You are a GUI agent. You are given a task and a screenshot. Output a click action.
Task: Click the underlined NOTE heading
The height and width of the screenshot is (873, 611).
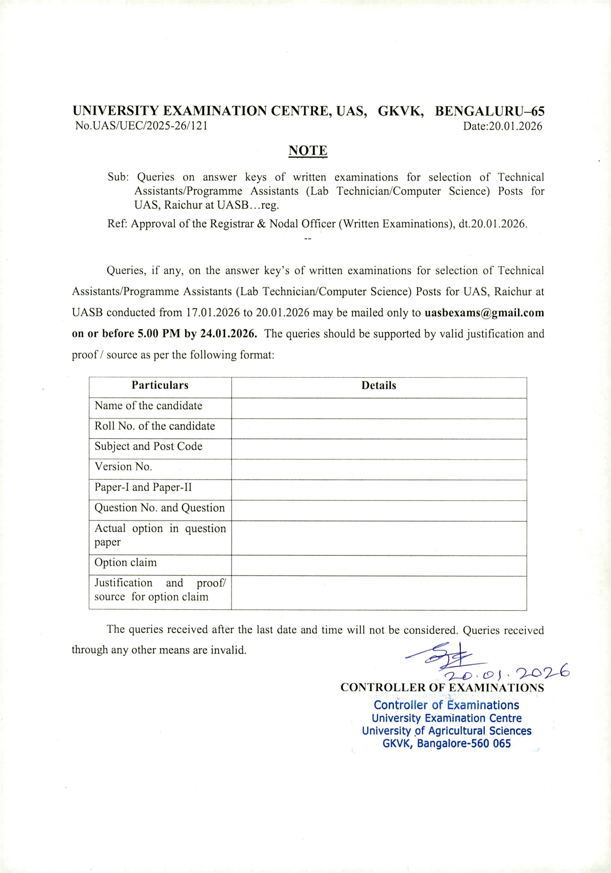click(x=307, y=151)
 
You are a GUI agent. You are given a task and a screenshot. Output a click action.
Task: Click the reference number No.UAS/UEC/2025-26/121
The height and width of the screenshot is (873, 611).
click(x=141, y=126)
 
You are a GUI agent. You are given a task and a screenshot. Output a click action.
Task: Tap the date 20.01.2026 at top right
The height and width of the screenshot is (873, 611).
click(x=502, y=126)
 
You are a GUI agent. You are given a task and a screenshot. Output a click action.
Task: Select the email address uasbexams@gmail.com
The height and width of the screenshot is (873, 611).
click(x=484, y=313)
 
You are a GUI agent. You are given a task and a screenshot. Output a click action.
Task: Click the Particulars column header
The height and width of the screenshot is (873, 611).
click(x=160, y=385)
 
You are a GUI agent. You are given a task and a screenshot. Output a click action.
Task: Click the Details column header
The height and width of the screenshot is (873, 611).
click(x=379, y=385)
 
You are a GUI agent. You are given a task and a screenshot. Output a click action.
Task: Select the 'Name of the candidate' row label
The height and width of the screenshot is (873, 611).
click(x=149, y=406)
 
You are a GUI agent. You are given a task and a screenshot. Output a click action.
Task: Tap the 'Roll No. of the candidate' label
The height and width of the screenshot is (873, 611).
click(x=155, y=426)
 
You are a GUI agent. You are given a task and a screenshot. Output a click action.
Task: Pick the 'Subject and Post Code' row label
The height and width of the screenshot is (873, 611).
click(x=149, y=446)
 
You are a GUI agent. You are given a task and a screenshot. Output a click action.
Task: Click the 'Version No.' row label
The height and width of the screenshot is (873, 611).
click(x=123, y=466)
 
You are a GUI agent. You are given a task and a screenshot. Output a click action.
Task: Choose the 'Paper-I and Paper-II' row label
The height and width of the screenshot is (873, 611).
click(x=143, y=487)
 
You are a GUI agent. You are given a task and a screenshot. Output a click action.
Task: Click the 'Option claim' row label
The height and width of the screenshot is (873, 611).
click(x=126, y=562)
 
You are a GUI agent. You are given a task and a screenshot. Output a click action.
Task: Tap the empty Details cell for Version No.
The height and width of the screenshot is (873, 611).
click(x=379, y=469)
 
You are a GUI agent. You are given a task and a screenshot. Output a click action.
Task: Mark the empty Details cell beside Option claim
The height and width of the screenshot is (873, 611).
click(x=379, y=565)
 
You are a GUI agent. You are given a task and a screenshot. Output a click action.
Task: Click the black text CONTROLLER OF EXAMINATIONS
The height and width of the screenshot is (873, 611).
click(x=442, y=688)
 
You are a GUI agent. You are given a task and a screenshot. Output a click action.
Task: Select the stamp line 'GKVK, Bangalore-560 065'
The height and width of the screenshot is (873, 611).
click(x=447, y=743)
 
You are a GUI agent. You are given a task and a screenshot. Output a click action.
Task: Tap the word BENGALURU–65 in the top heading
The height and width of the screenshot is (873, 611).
click(x=489, y=111)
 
